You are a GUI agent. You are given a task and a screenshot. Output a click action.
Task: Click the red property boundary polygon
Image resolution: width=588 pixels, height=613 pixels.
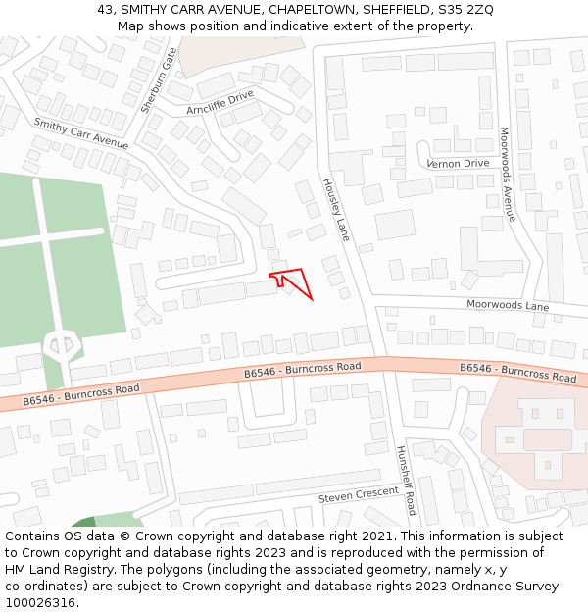click(294, 282)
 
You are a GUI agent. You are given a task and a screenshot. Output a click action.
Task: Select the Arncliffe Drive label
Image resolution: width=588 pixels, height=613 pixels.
click(220, 102)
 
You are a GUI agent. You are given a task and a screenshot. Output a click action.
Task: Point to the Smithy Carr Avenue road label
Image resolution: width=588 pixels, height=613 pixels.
click(81, 133)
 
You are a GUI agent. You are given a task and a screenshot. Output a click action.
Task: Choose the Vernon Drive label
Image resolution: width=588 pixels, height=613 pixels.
click(458, 164)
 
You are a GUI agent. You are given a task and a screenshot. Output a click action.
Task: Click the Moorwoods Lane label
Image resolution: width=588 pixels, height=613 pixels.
click(508, 306)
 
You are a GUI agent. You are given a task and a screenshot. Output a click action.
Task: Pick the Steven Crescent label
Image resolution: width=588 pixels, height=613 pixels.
click(359, 496)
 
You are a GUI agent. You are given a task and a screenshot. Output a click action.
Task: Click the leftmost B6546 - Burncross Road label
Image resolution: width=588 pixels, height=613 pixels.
click(81, 394)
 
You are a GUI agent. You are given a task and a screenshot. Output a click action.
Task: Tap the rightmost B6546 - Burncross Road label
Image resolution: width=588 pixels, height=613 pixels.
click(518, 372)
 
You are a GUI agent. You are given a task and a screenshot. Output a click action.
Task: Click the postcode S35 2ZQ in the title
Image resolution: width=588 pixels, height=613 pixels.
click(465, 10)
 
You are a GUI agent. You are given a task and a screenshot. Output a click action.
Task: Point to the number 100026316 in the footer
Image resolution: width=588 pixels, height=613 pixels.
click(41, 603)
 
